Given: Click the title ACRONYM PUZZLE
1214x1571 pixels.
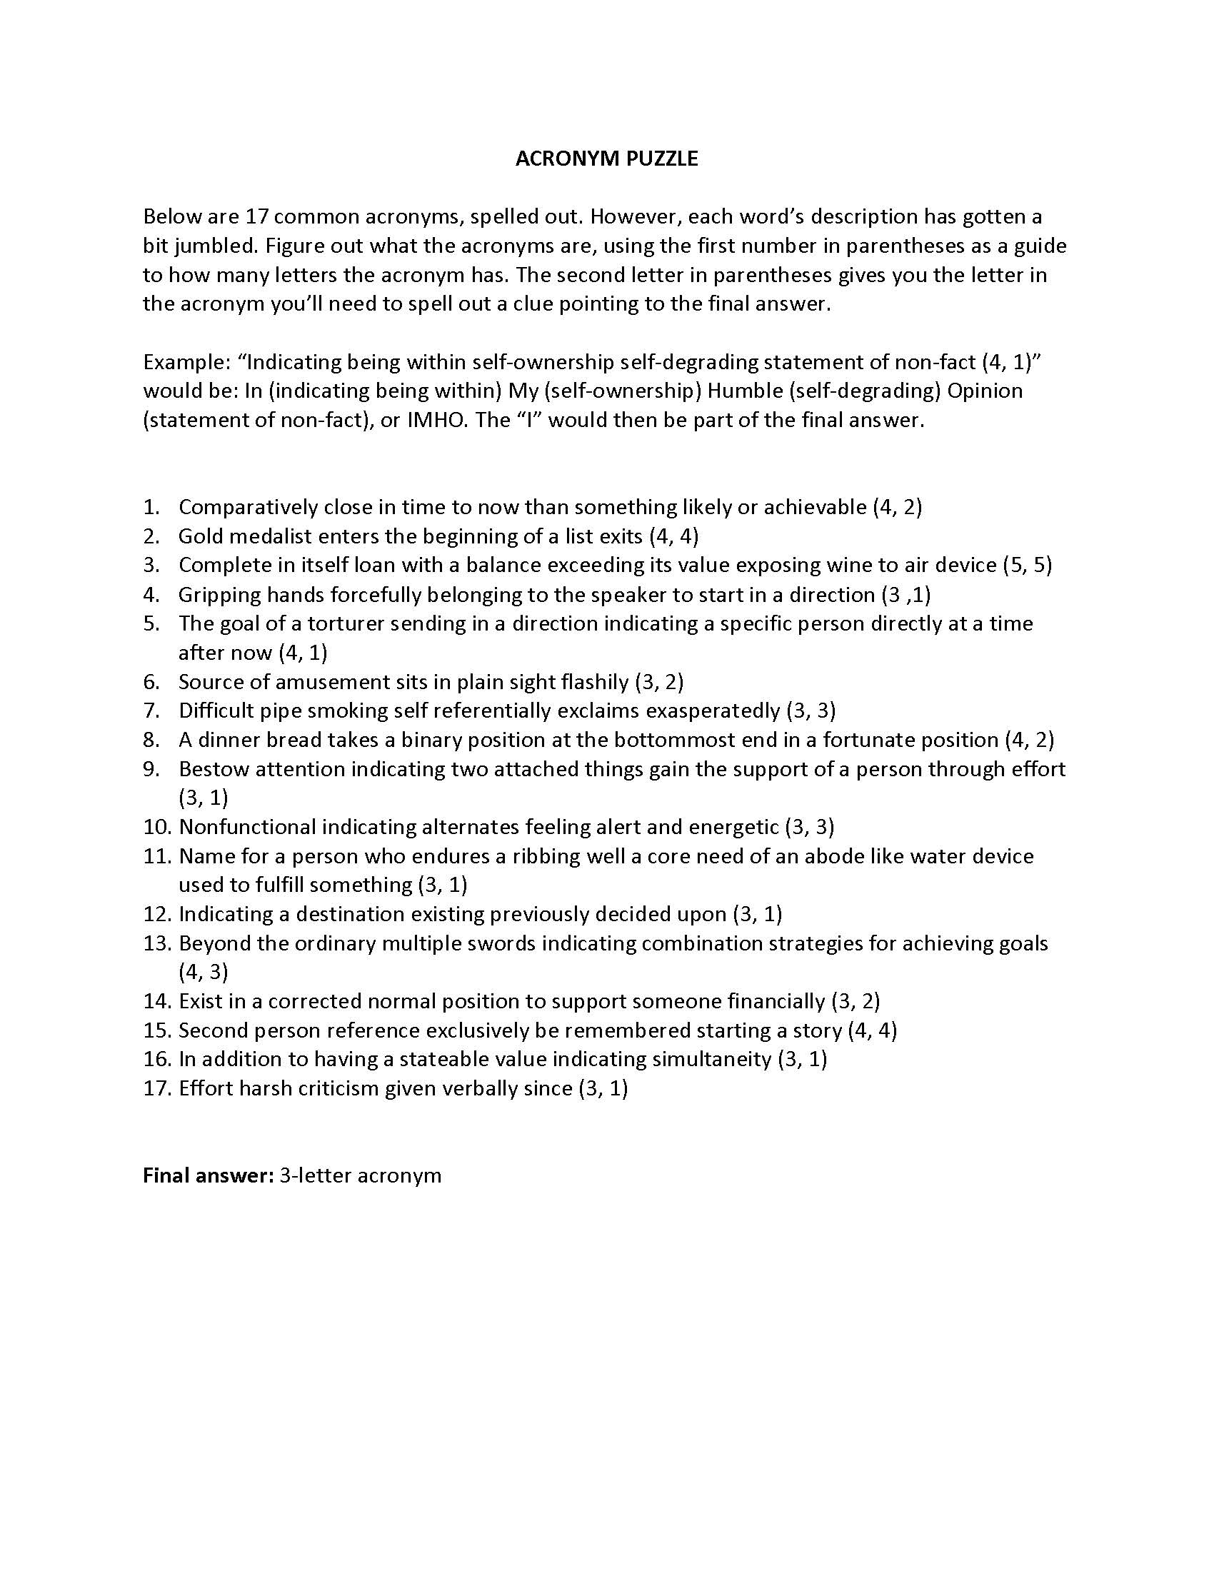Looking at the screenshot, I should pos(606,159).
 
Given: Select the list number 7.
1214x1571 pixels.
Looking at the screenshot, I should pos(151,711).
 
